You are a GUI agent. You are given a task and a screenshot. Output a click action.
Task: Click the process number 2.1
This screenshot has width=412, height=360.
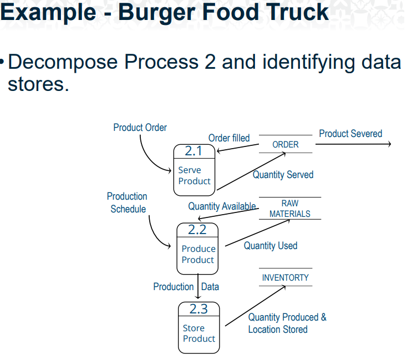193,151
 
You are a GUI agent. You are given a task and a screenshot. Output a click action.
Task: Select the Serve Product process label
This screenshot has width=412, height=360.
194,176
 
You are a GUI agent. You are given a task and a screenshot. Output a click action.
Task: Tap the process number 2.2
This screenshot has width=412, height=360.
197,230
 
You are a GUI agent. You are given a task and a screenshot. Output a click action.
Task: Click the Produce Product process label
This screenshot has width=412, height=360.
198,255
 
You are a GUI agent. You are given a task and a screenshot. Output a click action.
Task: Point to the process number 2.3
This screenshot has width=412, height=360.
199,309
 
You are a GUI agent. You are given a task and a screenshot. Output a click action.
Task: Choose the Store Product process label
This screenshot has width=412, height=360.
199,333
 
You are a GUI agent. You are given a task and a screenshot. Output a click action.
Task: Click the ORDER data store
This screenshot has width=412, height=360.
286,144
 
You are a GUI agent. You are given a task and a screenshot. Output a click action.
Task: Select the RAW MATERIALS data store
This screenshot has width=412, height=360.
289,209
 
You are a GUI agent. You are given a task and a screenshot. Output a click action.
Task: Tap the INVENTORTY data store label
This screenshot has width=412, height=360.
286,277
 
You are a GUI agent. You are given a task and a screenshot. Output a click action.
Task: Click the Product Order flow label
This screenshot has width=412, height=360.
140,128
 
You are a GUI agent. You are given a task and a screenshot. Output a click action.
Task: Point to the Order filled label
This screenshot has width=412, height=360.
229,138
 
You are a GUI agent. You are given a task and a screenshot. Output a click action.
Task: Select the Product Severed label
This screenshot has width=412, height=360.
350,134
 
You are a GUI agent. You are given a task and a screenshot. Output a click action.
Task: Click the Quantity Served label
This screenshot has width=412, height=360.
283,175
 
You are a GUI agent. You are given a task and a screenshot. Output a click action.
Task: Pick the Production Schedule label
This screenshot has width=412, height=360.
128,202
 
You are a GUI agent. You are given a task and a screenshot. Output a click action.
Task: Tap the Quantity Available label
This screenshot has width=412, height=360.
222,206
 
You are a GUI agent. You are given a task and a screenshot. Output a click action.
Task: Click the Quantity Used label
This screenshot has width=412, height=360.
271,246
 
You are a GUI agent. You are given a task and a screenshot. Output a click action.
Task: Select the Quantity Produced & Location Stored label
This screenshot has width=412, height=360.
287,323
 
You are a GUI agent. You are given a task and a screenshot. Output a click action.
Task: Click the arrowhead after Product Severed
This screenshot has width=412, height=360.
389,144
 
